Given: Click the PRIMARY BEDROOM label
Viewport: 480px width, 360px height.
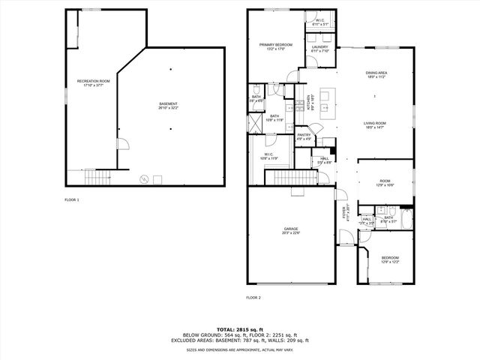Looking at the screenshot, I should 275,46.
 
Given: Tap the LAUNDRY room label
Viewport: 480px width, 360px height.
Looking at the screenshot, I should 319,49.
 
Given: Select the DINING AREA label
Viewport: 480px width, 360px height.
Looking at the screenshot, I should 376,75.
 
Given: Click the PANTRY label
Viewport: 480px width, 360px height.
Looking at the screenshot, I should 304,136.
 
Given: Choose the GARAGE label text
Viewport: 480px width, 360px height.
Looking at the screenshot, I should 291,231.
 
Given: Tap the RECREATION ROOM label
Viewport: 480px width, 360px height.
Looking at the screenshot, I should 94,82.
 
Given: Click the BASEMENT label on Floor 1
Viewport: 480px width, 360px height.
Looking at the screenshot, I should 169,106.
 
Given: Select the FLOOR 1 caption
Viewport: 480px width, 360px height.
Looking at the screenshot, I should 71,200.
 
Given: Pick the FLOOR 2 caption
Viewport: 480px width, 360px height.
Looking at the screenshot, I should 253,298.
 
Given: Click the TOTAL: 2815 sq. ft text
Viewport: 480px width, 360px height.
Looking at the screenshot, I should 240,329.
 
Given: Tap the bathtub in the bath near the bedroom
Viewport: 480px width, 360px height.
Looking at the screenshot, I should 406,220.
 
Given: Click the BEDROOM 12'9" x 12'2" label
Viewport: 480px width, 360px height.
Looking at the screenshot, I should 385,260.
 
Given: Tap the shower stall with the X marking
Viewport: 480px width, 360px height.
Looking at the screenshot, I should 257,119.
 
